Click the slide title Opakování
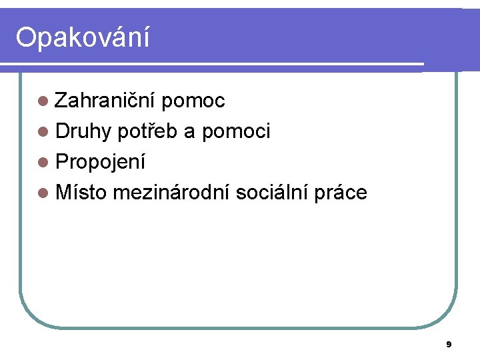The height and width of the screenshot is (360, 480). coord(83,38)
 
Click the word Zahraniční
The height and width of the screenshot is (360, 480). coord(105,101)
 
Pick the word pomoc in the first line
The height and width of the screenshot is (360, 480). coord(193,101)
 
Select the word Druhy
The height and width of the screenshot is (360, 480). coord(83,132)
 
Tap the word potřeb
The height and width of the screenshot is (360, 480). coord(147,132)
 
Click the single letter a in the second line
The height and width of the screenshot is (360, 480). coord(189,133)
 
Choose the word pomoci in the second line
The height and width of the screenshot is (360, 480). coord(236,132)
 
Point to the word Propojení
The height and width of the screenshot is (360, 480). coord(101,163)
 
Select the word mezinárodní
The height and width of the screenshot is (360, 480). coord(173,193)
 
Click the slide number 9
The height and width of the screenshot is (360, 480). coord(449,345)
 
